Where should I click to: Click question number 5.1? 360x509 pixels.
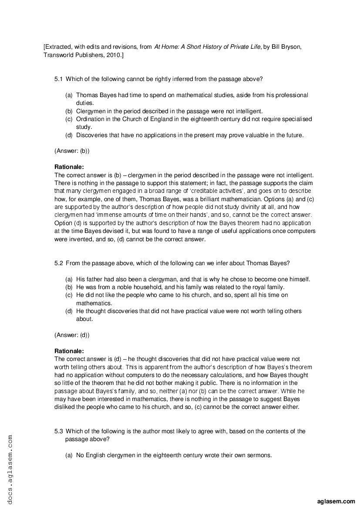pos(58,79)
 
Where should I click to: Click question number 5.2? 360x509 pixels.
pos(58,263)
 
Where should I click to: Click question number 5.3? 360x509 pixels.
pos(58,431)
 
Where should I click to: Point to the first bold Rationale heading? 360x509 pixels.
pos(69,167)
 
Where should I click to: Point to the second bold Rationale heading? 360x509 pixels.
pos(69,351)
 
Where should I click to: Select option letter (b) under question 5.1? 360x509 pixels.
pos(69,111)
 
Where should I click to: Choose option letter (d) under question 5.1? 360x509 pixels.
pos(69,135)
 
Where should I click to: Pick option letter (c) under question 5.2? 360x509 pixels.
pos(69,295)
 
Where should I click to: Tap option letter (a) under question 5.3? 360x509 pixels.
pos(69,455)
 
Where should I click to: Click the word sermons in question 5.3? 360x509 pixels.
pos(260,455)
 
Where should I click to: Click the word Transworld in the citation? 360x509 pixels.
pos(59,55)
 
